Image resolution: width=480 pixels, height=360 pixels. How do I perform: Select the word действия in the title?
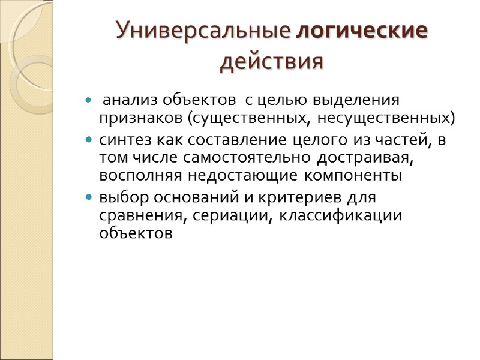[272, 61]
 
